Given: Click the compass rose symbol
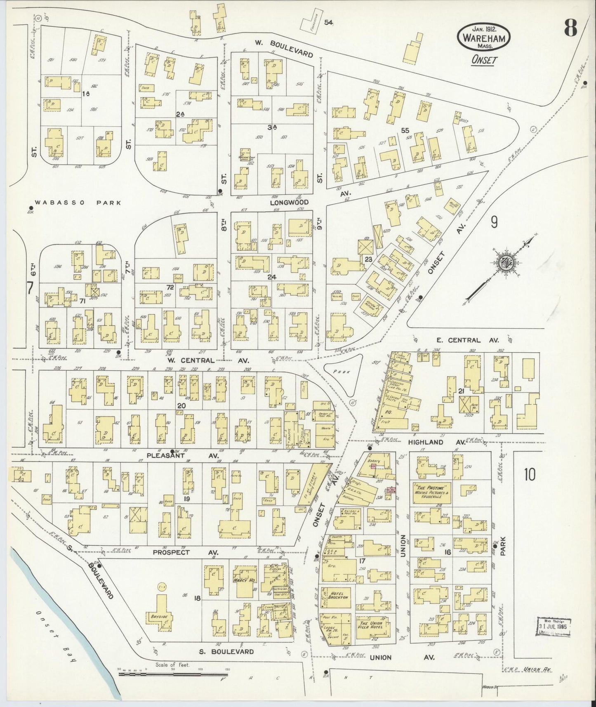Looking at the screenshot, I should [504, 263].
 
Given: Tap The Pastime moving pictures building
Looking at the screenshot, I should [431, 492].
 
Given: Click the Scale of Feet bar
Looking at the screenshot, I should [173, 675].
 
